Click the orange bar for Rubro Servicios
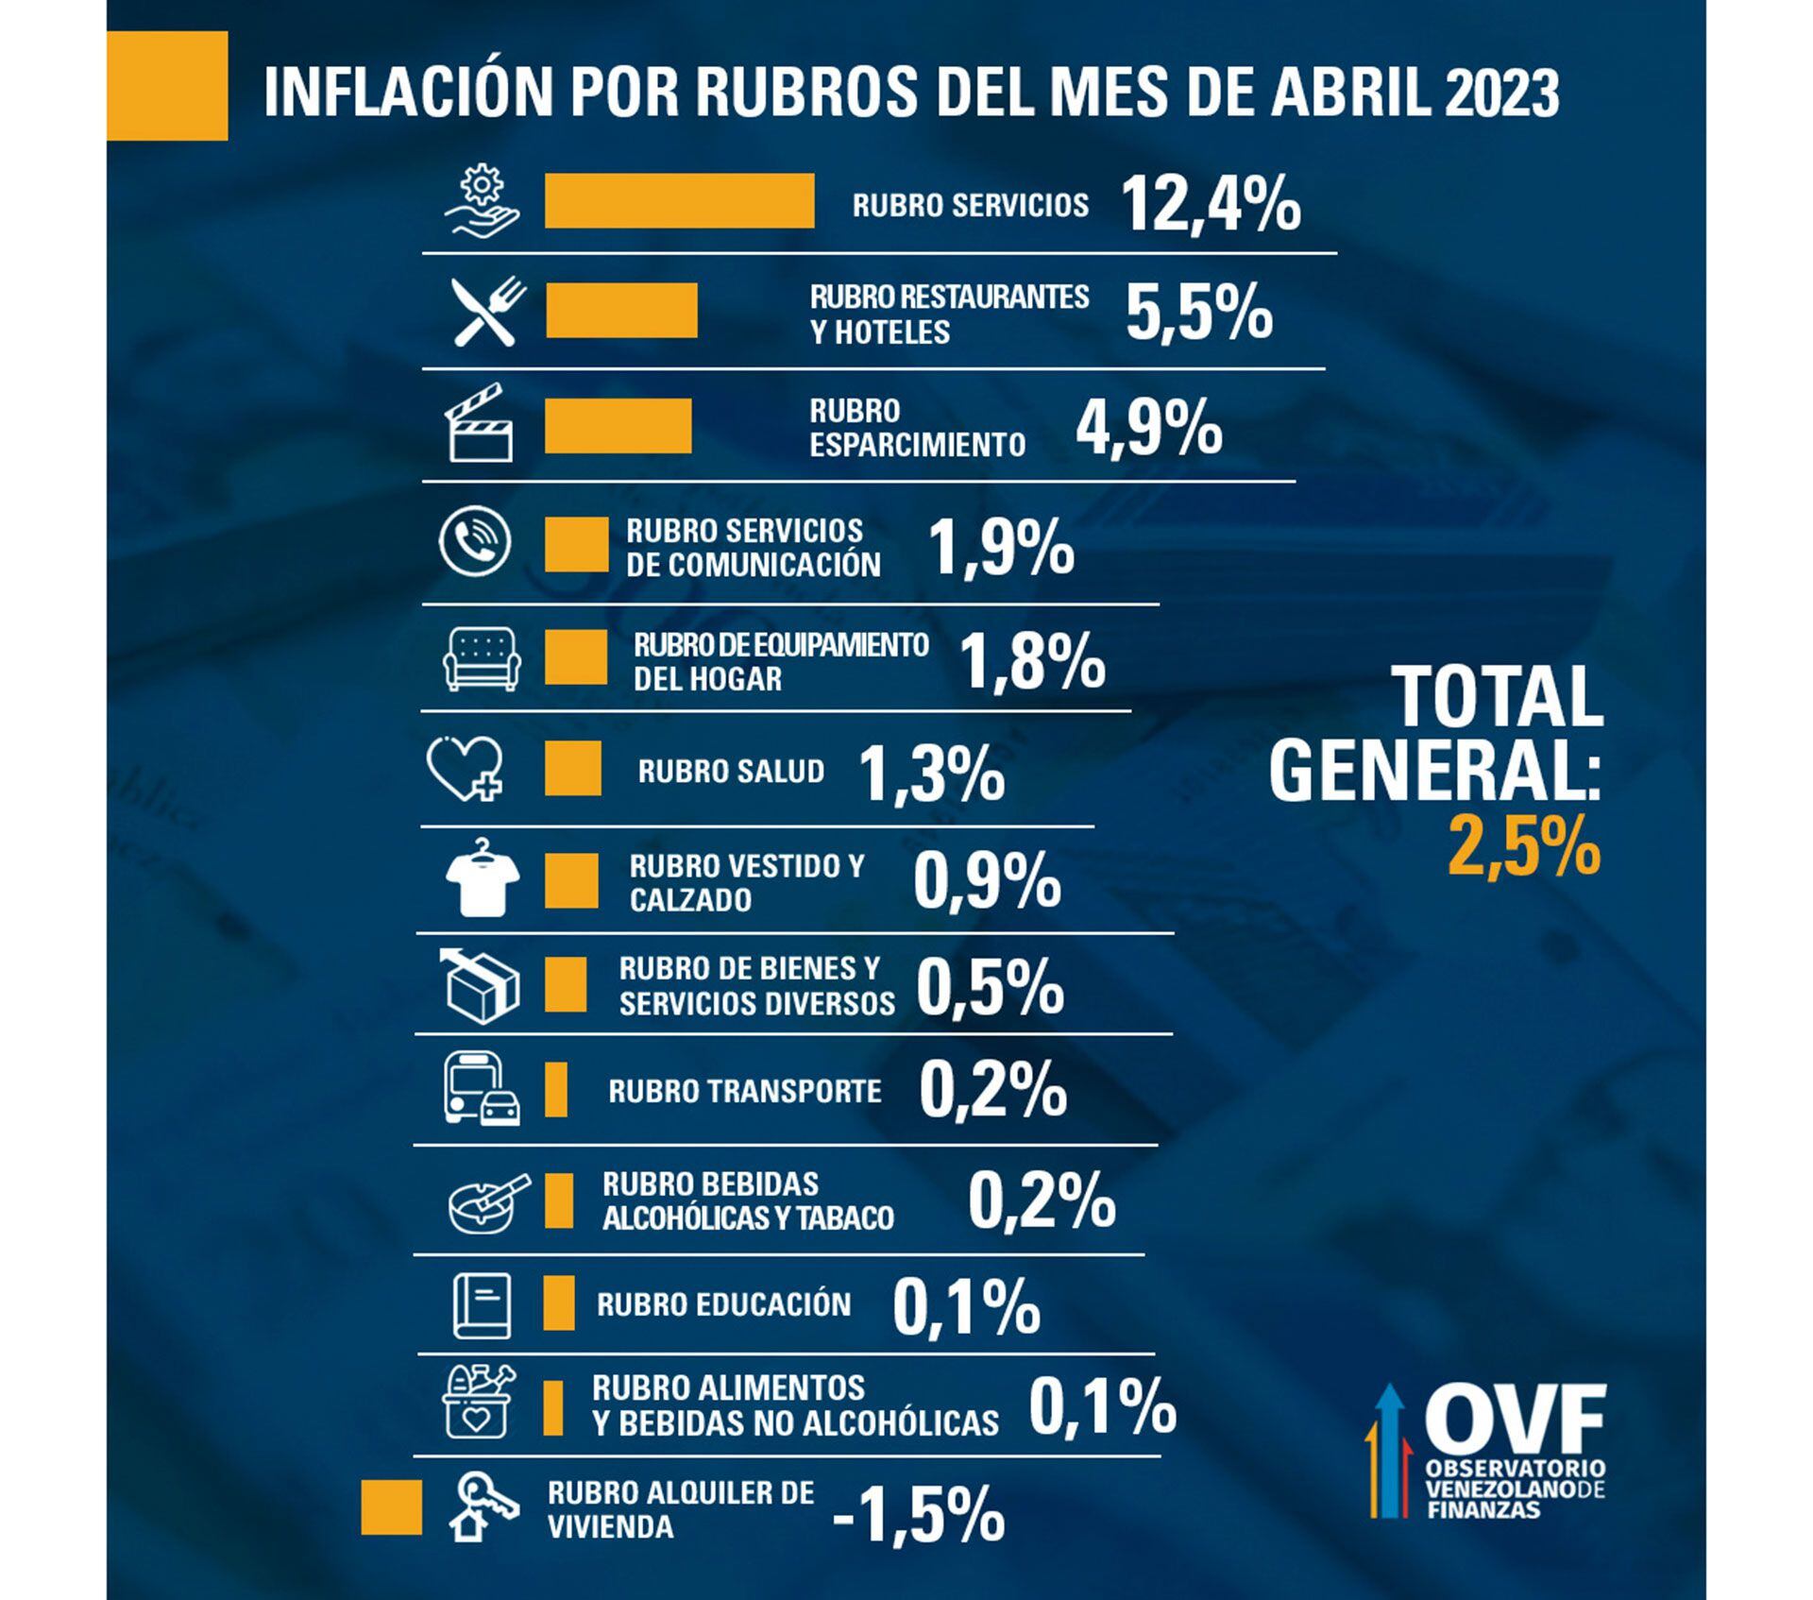[x=679, y=200]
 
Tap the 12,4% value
[x=1211, y=205]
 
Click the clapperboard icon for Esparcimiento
[x=480, y=424]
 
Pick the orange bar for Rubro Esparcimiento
[x=618, y=426]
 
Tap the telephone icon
[x=475, y=542]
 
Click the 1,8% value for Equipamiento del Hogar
[x=1031, y=661]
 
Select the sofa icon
[x=482, y=658]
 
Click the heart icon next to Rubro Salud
[x=465, y=769]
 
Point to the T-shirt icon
[x=482, y=877]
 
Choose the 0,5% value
[x=990, y=988]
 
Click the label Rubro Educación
[x=723, y=1304]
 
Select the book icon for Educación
[x=482, y=1305]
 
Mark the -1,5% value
[x=918, y=1515]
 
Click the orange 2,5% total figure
[x=1523, y=847]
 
